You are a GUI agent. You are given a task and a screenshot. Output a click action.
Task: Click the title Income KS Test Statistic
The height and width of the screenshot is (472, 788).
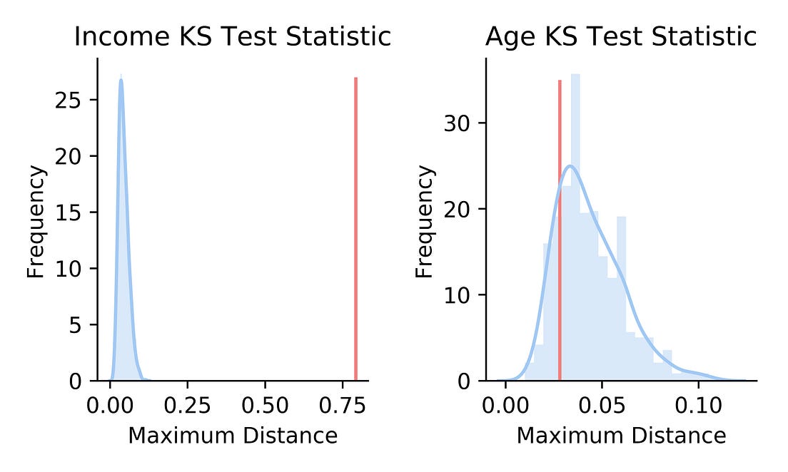233,36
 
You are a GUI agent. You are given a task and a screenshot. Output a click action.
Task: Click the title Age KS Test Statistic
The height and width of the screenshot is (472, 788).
620,36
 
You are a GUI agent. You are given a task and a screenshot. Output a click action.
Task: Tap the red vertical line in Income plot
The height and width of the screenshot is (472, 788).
355,228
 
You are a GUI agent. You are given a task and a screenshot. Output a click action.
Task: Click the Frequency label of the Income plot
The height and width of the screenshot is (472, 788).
36,221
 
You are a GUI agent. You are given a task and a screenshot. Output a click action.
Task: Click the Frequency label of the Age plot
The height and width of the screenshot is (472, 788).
425,221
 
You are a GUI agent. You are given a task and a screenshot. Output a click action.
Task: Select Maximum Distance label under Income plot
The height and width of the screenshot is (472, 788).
233,435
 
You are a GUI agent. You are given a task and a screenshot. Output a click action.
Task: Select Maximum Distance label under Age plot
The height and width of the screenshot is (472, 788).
621,435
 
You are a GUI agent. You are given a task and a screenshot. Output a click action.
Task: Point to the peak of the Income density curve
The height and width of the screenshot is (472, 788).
121,79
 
